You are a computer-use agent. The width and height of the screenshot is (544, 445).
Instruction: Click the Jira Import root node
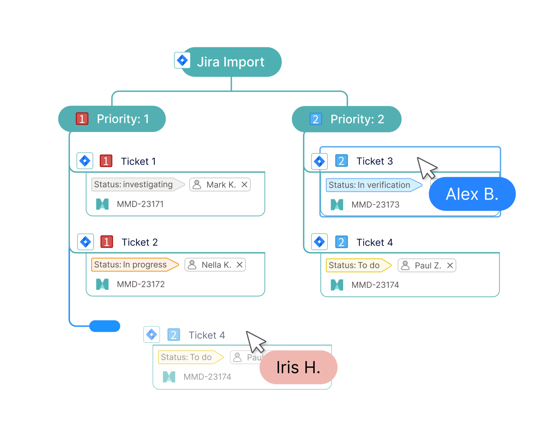pyautogui.click(x=231, y=62)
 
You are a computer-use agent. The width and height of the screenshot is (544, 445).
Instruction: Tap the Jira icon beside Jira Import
pyautogui.click(x=182, y=60)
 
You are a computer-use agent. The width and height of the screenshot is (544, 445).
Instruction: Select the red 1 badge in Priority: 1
pyautogui.click(x=82, y=119)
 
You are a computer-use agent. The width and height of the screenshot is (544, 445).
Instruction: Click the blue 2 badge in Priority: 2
pyautogui.click(x=316, y=119)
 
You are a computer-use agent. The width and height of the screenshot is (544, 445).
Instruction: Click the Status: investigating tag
pyautogui.click(x=133, y=185)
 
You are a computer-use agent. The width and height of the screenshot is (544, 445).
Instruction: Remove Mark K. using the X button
pyautogui.click(x=244, y=185)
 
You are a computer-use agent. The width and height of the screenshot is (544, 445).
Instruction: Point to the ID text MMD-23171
pyautogui.click(x=140, y=204)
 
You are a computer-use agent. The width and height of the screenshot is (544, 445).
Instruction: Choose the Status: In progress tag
pyautogui.click(x=131, y=265)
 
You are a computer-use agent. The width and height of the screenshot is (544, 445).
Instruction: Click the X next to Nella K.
pyautogui.click(x=240, y=265)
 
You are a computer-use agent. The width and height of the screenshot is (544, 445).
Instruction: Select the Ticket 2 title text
pyautogui.click(x=139, y=242)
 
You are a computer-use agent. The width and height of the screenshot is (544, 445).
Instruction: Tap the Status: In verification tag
pyautogui.click(x=369, y=185)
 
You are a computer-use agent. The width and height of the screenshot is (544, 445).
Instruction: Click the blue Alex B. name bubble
pyautogui.click(x=472, y=194)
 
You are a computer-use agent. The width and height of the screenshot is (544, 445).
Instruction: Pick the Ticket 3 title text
pyautogui.click(x=375, y=161)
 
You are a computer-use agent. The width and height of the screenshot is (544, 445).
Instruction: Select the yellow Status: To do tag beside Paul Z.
pyautogui.click(x=354, y=265)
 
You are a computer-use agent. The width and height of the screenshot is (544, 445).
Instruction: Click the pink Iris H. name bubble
pyautogui.click(x=298, y=367)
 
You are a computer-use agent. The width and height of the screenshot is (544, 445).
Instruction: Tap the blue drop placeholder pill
pyautogui.click(x=105, y=326)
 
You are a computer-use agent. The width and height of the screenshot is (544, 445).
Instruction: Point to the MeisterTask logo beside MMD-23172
pyautogui.click(x=102, y=284)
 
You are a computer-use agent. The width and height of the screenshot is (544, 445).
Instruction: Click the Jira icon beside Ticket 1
pyautogui.click(x=85, y=161)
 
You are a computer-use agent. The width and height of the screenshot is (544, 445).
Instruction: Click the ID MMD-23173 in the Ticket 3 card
pyautogui.click(x=375, y=205)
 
